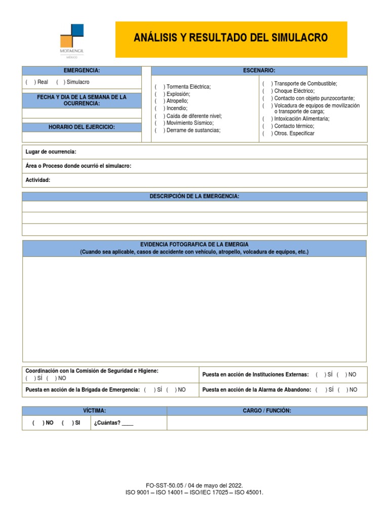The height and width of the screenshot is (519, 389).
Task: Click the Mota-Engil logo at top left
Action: [71, 41]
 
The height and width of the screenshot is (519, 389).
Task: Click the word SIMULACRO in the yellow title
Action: [299, 38]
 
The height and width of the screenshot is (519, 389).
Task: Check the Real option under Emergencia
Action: [30, 82]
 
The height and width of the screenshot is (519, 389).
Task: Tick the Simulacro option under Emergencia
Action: [60, 82]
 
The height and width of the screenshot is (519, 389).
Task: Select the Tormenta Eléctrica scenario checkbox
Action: [160, 87]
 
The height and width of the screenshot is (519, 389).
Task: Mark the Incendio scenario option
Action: [160, 108]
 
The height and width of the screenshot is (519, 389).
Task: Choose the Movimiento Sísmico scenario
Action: [160, 123]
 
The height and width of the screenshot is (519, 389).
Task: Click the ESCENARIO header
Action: [259, 70]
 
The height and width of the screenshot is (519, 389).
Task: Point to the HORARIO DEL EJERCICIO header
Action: [82, 127]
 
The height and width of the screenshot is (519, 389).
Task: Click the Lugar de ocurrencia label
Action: [51, 152]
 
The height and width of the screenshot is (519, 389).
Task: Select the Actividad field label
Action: [38, 180]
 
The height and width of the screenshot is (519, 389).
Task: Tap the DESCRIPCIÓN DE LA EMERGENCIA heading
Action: [194, 197]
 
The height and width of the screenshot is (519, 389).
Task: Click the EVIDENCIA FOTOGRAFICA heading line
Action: [194, 244]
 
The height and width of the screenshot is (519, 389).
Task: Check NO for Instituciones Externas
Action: [341, 375]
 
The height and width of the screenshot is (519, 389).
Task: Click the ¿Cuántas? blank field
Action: [128, 423]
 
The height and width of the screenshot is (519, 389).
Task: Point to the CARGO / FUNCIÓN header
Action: [267, 411]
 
